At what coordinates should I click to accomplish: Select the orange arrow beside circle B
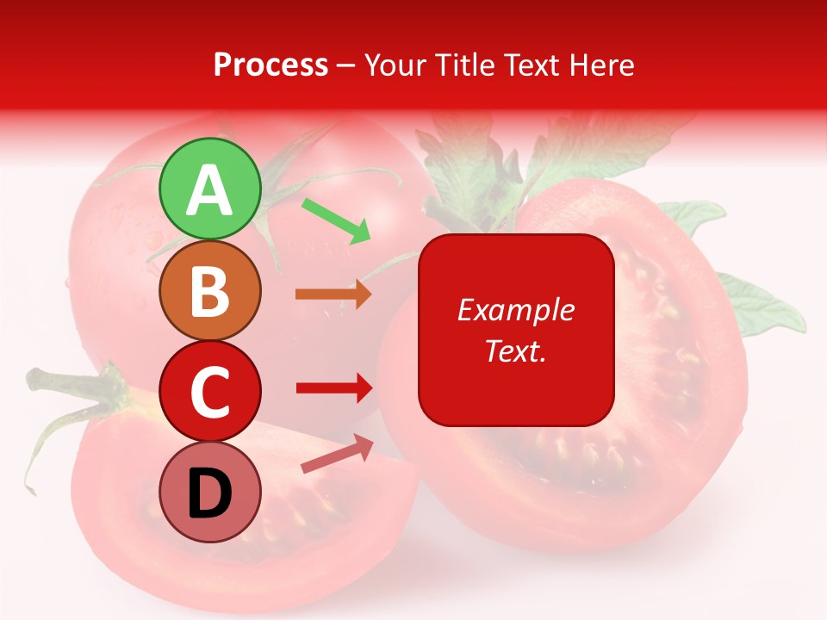pyautogui.click(x=333, y=294)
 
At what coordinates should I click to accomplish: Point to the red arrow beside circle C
pyautogui.click(x=333, y=387)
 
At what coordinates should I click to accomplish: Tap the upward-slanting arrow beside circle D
pyautogui.click(x=337, y=455)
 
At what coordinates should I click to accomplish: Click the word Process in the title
pyautogui.click(x=270, y=65)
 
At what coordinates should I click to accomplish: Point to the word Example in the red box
pyautogui.click(x=515, y=310)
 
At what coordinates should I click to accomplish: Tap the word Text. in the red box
pyautogui.click(x=515, y=350)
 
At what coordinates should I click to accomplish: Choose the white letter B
pyautogui.click(x=209, y=291)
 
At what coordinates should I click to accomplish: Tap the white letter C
pyautogui.click(x=209, y=392)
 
